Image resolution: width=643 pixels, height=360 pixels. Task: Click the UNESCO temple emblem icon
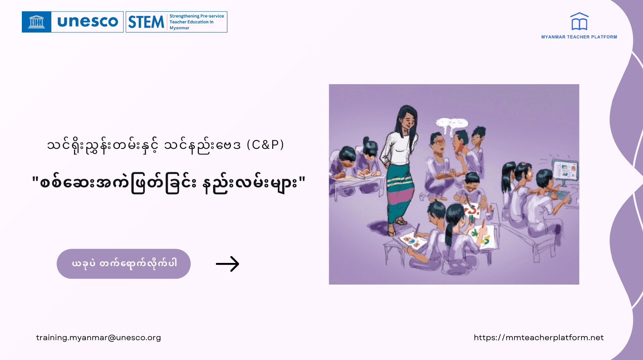[36, 22]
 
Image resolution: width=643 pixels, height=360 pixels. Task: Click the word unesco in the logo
[87, 22]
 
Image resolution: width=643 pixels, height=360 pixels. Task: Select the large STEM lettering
[146, 22]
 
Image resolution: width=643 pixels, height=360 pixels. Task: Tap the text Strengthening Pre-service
[197, 16]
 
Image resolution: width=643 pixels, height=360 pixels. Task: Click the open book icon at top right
[579, 22]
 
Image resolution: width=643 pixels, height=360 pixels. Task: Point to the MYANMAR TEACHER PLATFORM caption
[579, 37]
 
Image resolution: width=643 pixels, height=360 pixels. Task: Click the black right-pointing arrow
[227, 264]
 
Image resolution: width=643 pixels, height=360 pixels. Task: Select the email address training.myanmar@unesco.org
[98, 337]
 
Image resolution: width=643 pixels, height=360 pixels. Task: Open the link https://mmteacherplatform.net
[539, 337]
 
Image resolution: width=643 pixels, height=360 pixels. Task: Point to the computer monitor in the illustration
[565, 170]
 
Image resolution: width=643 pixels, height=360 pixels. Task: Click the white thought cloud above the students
[452, 122]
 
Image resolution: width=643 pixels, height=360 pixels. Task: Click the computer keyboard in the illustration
[560, 195]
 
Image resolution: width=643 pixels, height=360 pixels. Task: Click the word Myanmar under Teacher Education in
[179, 28]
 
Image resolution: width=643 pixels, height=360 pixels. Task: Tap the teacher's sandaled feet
[396, 227]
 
